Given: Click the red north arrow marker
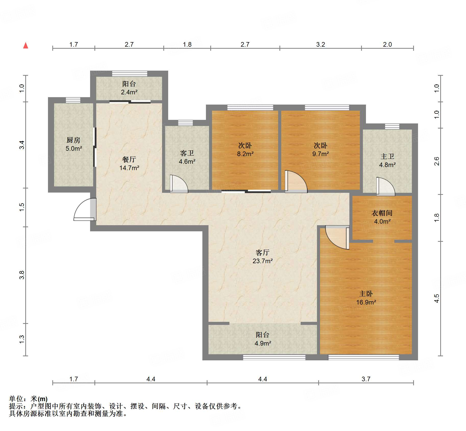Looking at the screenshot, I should pos(26,46).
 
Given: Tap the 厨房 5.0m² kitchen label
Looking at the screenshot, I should pos(73,144).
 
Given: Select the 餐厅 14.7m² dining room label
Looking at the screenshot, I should pos(129,163).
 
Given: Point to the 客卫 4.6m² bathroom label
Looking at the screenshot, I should pos(187,157).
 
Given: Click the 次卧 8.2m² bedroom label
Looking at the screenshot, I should pos(245,149).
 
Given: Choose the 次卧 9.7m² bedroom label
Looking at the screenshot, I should pos(320,149).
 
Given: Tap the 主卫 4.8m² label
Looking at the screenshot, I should pos(387,160).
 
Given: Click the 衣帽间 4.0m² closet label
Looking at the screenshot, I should pos(382,217).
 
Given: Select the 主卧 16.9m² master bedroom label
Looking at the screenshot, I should pos(366,298).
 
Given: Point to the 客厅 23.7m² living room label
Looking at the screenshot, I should pos(262,257).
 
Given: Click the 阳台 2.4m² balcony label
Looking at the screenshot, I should pos(129,88).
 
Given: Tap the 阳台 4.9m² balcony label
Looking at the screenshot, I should pos(263,339).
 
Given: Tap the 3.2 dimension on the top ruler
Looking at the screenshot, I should pos(320,44).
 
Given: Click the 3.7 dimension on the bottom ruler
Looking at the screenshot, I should pos(366,379).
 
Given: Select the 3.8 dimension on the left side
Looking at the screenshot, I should pos(22,275).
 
